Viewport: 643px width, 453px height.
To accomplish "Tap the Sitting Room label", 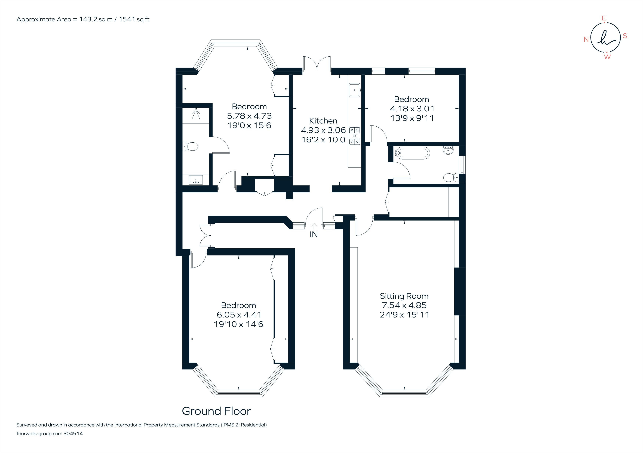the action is tap(404, 296).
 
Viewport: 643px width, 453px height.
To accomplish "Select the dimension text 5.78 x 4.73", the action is tap(249, 116).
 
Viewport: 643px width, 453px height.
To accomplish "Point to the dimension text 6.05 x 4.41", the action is tap(239, 315).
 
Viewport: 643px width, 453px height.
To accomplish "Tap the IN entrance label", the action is tap(314, 234).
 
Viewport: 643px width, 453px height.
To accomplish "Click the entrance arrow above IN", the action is tap(314, 226).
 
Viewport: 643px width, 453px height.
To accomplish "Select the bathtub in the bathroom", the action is tap(412, 153).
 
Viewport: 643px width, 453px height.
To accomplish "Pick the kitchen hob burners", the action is tap(354, 136).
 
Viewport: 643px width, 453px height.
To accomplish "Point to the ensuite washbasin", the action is tap(196, 179).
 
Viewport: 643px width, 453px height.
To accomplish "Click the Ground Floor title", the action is tap(216, 411).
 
